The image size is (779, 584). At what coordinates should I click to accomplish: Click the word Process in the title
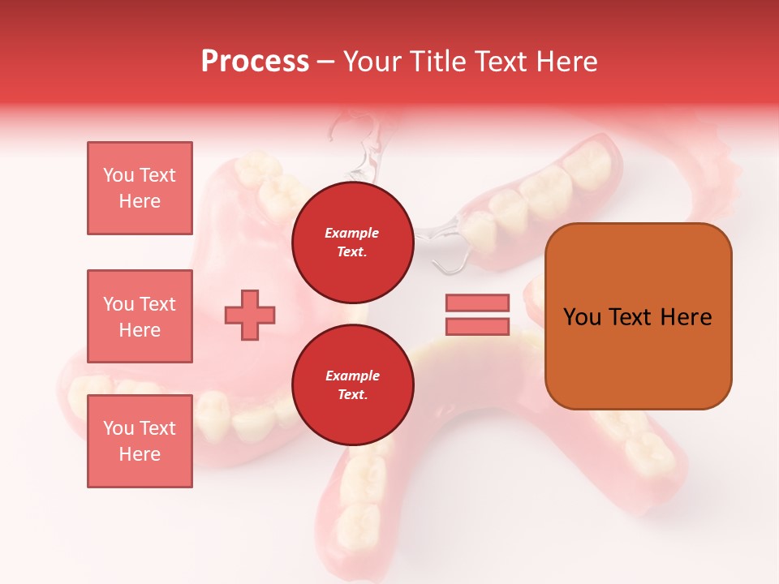point(255,62)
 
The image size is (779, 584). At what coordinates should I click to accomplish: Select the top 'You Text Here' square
point(140,188)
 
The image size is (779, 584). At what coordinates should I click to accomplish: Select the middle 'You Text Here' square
point(140,316)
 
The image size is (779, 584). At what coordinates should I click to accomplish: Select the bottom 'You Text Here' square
point(140,440)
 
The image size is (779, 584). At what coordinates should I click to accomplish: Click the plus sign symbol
point(250,315)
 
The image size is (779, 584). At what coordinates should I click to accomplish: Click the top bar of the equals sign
point(477,303)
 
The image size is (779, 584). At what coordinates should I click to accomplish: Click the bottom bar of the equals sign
point(477,327)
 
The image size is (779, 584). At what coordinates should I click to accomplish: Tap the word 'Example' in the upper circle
point(352,233)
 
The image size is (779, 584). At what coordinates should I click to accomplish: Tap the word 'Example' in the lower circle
point(352,376)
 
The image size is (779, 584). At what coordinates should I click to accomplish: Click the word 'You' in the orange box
point(583,317)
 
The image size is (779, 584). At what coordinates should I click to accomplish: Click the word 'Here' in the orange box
point(686,317)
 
